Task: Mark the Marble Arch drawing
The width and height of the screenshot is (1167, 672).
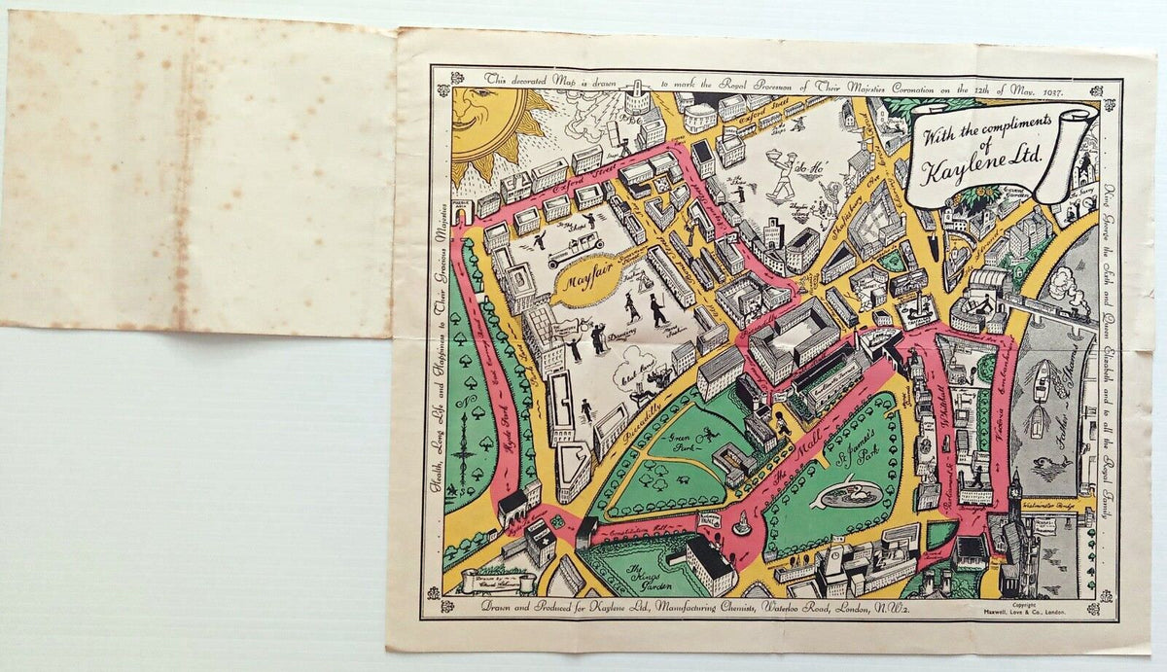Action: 463,209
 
